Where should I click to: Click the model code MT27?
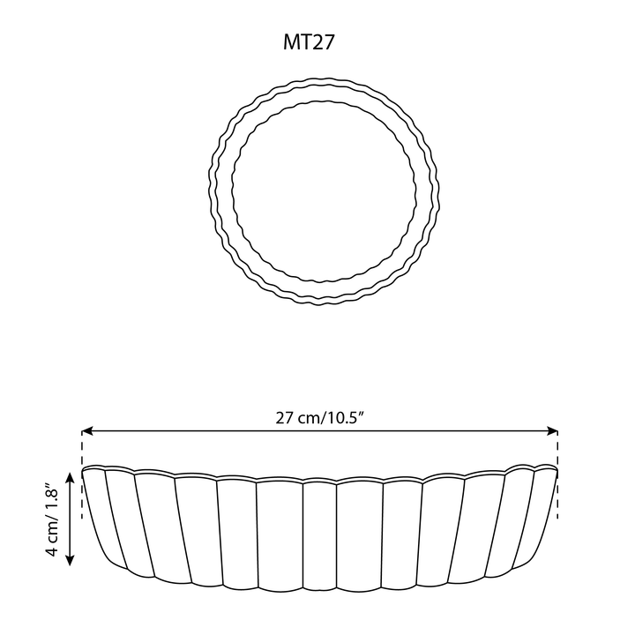(x=309, y=42)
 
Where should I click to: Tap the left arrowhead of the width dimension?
(x=87, y=431)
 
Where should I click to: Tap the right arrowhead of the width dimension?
(x=552, y=431)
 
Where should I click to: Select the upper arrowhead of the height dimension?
(x=70, y=478)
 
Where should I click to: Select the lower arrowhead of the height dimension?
(x=70, y=560)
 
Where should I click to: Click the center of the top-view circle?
(x=324, y=191)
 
